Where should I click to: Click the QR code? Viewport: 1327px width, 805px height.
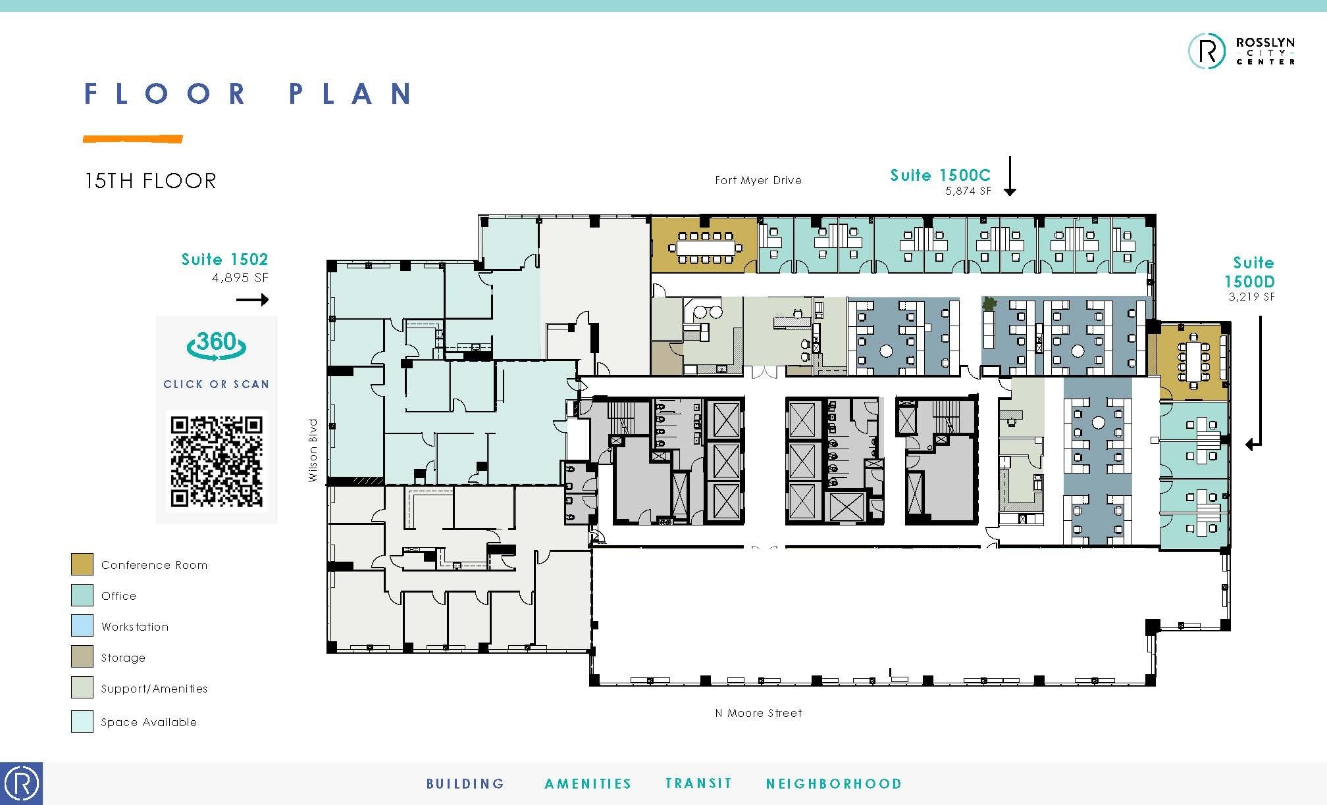(x=217, y=461)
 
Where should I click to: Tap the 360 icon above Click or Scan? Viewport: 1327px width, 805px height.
(x=217, y=345)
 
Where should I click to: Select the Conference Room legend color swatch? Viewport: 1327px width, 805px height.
(x=82, y=564)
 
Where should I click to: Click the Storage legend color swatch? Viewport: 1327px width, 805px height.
(x=82, y=656)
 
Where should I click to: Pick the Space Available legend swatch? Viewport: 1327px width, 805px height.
(x=82, y=721)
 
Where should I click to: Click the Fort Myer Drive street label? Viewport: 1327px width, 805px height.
(x=758, y=180)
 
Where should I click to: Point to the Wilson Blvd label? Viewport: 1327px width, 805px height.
(x=313, y=451)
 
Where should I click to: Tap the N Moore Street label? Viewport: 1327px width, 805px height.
(x=758, y=713)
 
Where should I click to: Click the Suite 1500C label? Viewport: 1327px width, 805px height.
(x=940, y=175)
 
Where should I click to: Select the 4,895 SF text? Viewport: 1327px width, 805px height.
(x=240, y=278)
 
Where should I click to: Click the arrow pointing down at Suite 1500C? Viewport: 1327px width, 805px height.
(x=1010, y=176)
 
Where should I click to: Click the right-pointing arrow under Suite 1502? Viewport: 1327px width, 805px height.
(x=253, y=300)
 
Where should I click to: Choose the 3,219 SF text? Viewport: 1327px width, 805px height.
(x=1251, y=297)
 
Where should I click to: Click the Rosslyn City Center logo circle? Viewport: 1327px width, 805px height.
(x=1207, y=51)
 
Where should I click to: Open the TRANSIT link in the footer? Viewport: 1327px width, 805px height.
(x=698, y=783)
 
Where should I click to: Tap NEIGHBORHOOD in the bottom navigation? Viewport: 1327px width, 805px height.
(x=833, y=783)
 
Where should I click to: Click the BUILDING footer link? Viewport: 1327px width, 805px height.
(x=465, y=783)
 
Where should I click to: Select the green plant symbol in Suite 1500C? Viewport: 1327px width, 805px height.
(x=988, y=304)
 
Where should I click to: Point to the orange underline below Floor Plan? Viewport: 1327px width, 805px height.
(x=132, y=139)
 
